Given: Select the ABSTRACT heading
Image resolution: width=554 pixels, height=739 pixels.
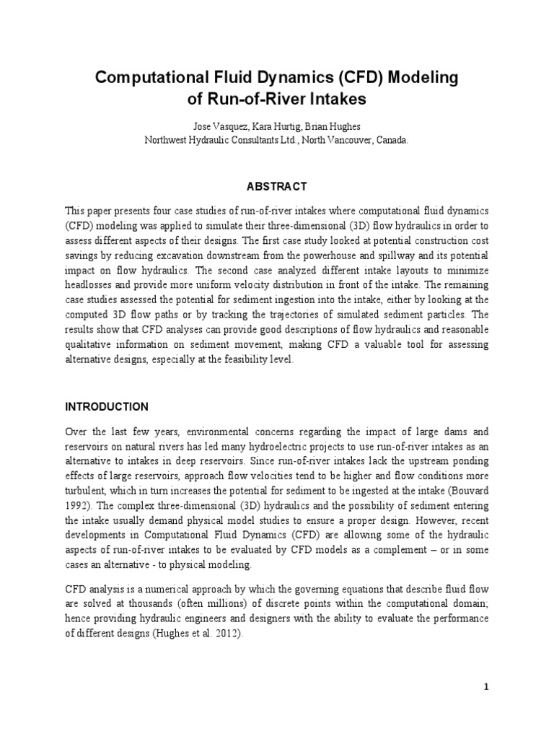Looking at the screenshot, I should click(277, 186).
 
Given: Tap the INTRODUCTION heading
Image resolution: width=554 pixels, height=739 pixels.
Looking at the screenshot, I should click(107, 406).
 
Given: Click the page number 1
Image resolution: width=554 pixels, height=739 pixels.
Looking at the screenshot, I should click(486, 686).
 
